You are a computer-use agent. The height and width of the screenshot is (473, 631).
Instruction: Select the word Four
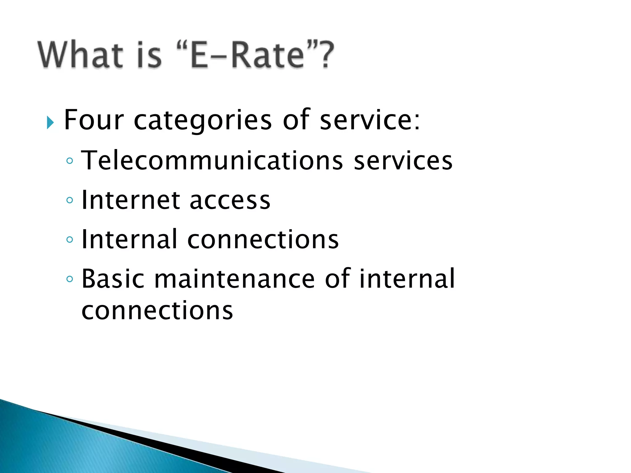pos(94,120)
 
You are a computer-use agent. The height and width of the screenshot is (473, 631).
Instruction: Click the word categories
pos(203,120)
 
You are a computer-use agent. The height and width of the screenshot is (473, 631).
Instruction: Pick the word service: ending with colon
pos(370,120)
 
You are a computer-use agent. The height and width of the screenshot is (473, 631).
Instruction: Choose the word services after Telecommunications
pos(403,160)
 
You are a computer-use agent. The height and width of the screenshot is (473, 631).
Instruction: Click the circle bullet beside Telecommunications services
pos(70,161)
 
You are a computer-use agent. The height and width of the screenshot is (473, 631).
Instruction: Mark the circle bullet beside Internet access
pos(70,200)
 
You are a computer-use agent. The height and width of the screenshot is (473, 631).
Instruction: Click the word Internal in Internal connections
pos(129,239)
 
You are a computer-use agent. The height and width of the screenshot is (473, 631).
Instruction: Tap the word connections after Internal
pos(263,240)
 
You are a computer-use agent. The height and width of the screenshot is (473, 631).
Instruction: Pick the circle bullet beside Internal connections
pos(70,240)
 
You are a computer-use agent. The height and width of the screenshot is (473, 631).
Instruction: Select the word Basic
pos(113,279)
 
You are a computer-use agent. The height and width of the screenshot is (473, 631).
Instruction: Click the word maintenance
pos(234,279)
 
